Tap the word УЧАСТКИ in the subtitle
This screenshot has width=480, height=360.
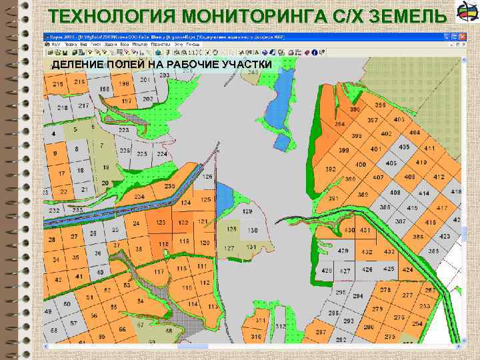[x=245, y=64]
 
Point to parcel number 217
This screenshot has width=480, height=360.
[x=64, y=107]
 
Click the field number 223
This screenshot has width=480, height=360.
[x=124, y=131]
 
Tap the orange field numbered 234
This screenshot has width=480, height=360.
[x=139, y=197]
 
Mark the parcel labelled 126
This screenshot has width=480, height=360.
[x=207, y=177]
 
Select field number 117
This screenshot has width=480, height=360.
[x=159, y=273]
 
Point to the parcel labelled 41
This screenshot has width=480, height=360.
[x=79, y=277]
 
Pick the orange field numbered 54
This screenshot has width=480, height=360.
[x=140, y=301]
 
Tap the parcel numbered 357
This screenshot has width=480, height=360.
[x=373, y=121]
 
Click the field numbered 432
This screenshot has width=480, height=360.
[x=367, y=253]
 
